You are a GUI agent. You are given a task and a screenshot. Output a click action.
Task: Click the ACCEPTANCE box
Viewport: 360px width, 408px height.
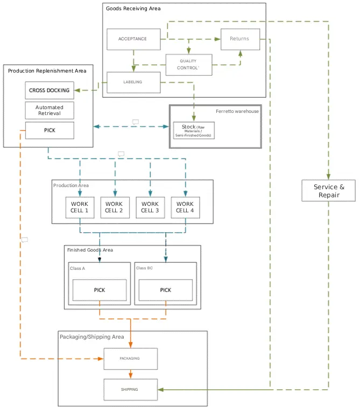point(133,39)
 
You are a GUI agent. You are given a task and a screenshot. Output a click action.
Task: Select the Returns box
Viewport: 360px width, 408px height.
point(239,39)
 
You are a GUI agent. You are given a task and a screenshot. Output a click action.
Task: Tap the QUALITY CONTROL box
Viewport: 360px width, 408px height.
point(188,65)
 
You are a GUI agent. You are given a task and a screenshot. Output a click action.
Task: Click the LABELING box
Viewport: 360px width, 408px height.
point(133,82)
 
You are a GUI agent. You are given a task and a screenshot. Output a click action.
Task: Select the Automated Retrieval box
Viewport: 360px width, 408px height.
point(50,110)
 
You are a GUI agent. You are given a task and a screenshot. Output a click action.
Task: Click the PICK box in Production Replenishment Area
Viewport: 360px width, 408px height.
point(50,130)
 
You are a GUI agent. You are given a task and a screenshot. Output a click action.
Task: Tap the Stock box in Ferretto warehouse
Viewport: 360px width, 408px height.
point(194,131)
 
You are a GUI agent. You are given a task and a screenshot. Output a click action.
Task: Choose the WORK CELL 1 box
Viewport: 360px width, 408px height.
point(80,207)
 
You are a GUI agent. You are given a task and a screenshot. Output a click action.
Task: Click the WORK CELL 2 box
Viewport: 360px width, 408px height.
point(114,207)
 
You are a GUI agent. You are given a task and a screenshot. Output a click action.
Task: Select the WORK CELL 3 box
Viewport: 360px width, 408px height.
point(150,207)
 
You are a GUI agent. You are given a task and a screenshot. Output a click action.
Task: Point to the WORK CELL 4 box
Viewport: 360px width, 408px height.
point(185,207)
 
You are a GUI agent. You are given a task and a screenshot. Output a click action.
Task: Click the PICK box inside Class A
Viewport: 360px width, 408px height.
point(100,290)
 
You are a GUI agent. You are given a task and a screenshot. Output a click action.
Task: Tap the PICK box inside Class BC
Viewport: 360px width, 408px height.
point(165,290)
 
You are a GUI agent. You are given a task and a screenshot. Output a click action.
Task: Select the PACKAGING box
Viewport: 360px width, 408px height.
point(130,359)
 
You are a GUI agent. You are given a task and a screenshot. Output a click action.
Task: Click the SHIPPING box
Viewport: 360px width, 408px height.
point(130,389)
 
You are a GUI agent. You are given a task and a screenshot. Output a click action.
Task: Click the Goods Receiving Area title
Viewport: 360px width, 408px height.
point(133,9)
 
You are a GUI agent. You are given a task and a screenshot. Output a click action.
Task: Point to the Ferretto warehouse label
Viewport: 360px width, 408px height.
point(237,111)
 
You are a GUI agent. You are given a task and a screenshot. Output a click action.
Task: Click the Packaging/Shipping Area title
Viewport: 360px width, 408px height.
point(91,337)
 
